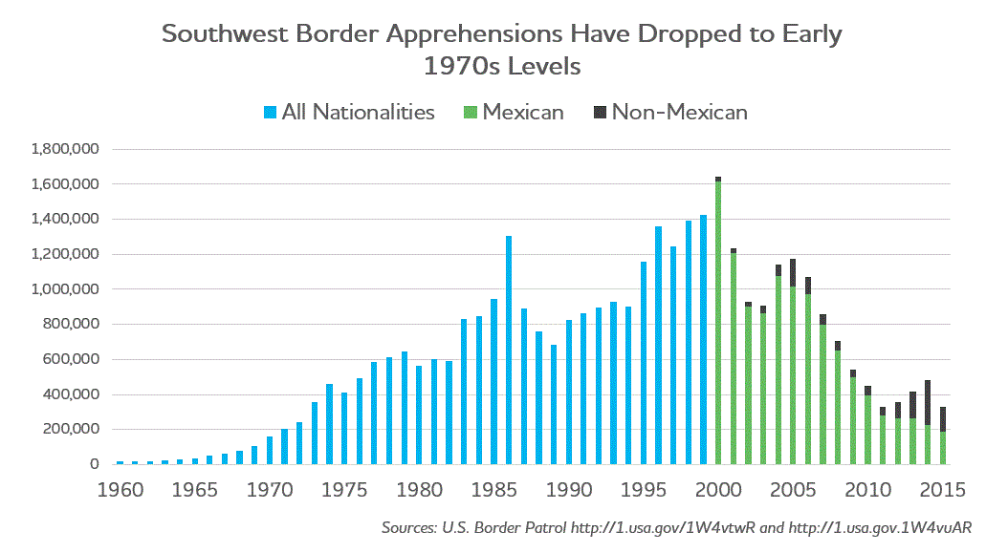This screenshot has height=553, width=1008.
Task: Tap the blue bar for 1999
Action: pos(703,340)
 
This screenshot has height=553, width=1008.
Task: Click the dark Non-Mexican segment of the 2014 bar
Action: pos(928,402)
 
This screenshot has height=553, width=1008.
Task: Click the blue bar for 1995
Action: pos(644,363)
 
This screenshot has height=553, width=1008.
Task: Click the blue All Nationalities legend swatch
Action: pos(270,113)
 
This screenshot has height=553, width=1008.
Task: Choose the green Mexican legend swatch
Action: pos(471,113)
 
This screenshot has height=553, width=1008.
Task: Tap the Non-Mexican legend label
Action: pos(679,113)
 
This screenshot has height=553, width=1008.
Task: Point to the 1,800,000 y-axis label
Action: pos(66,149)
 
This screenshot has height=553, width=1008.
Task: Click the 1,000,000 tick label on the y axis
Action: pos(66,289)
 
